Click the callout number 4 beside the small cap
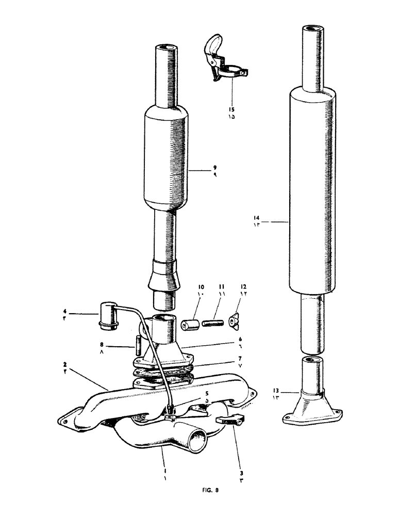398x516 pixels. click(65, 311)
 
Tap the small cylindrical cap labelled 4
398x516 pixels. click(107, 314)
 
